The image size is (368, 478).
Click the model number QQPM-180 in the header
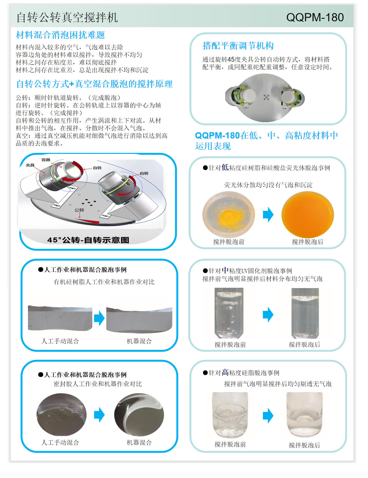click(315, 17)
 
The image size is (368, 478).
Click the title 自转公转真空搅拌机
click(67, 18)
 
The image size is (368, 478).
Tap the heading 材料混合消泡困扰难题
click(60, 35)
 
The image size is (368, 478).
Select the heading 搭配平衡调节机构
click(238, 46)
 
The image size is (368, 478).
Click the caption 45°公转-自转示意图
click(88, 240)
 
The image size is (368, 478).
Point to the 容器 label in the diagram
click(46, 160)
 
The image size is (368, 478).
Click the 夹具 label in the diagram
click(30, 165)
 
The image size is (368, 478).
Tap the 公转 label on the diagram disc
click(79, 210)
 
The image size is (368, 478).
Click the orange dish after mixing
click(308, 215)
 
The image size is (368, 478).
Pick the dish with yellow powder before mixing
click(229, 215)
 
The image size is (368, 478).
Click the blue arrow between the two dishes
click(268, 215)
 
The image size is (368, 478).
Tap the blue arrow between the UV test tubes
click(268, 314)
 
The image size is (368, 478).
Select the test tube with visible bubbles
click(229, 313)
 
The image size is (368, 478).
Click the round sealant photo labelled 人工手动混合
click(62, 415)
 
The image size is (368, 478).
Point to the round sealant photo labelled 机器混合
click(139, 415)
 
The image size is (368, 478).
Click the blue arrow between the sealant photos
click(99, 415)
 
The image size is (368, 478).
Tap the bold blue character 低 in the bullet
click(225, 167)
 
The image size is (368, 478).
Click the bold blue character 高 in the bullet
click(225, 372)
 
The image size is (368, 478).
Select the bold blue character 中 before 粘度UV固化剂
click(225, 270)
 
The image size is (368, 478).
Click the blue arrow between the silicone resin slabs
click(99, 318)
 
